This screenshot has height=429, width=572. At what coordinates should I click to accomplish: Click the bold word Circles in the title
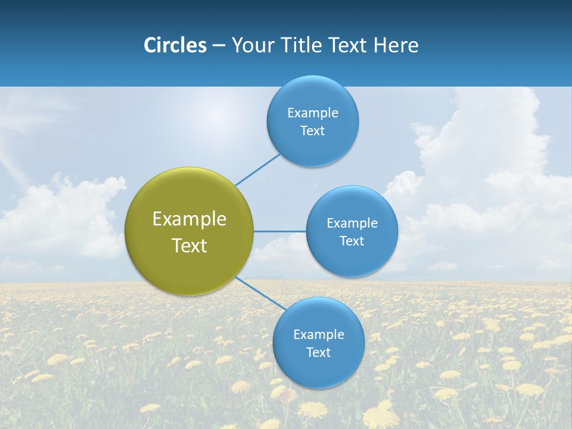[x=175, y=45]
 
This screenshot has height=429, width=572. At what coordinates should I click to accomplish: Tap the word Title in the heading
[x=302, y=45]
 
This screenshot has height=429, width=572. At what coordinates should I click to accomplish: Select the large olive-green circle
[x=189, y=231]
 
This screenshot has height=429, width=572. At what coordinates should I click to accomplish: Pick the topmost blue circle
[x=312, y=121]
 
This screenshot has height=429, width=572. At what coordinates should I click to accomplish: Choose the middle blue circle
[x=352, y=231]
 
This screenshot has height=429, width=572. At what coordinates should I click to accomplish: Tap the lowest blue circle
[x=318, y=343]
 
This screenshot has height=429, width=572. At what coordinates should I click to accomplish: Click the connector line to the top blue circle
[x=257, y=170]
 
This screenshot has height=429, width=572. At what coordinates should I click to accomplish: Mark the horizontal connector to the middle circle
[x=280, y=231]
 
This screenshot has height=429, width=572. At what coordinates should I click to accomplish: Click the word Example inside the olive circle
[x=189, y=219]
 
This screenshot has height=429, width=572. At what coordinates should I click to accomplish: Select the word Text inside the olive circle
[x=189, y=245]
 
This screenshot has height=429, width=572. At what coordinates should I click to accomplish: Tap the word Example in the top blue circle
[x=312, y=113]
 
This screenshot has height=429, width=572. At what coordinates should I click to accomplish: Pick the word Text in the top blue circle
[x=312, y=130]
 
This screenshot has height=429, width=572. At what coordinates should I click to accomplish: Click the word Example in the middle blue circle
[x=352, y=223]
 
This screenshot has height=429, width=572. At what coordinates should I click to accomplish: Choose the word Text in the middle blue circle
[x=352, y=241]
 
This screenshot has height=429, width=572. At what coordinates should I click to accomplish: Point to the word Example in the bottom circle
[x=318, y=334]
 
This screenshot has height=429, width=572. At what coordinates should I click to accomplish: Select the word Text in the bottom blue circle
[x=318, y=352]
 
